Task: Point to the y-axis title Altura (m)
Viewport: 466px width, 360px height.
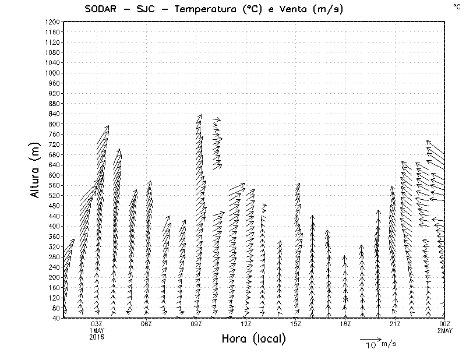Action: [36, 170]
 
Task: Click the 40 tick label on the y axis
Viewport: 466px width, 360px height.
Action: [56, 318]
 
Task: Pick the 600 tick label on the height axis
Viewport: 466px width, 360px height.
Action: [54, 175]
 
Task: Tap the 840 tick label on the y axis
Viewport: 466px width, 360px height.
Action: [54, 114]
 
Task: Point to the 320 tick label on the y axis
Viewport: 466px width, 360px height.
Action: [54, 246]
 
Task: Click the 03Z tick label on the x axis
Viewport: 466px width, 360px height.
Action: [97, 324]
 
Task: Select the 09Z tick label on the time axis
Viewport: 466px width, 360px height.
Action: [196, 324]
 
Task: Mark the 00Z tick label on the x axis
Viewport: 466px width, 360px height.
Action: [445, 324]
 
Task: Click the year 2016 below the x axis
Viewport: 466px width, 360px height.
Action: [97, 337]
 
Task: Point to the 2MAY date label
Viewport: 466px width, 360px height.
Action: [445, 330]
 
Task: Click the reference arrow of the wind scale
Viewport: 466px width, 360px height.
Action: [369, 338]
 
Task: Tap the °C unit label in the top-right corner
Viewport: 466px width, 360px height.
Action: [456, 6]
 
